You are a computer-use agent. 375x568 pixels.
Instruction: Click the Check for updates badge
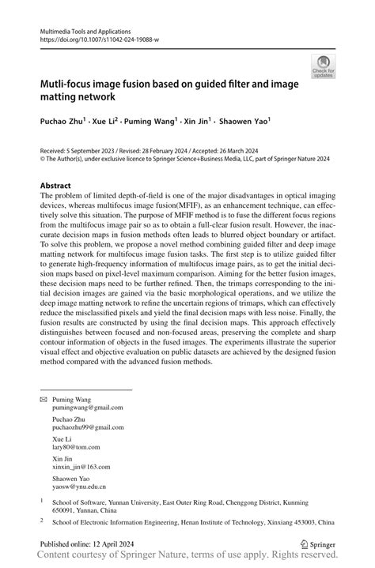tap(323, 66)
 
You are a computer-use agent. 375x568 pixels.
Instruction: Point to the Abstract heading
tap(60, 186)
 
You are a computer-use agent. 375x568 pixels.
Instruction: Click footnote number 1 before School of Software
tap(42, 499)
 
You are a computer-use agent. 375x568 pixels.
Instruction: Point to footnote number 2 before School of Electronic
tap(42, 521)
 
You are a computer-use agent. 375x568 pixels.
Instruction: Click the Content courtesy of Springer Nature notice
tap(187, 558)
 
